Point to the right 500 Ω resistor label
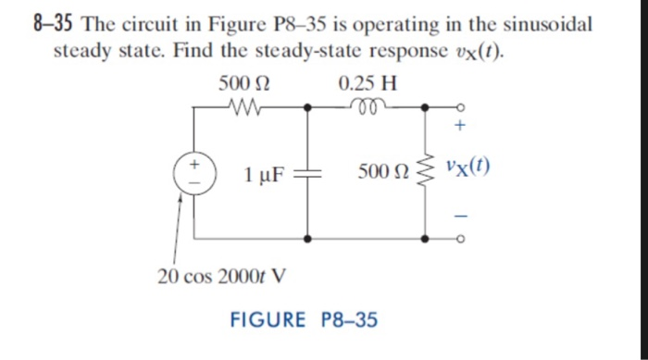[383, 172]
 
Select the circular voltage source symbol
[194, 173]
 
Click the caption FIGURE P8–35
[304, 320]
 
